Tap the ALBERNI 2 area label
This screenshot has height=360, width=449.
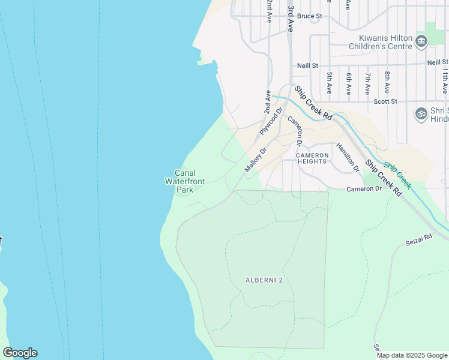tap(264, 280)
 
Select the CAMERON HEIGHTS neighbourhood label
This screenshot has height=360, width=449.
tap(312, 158)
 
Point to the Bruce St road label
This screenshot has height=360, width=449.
tap(309, 16)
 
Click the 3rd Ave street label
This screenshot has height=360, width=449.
tap(291, 18)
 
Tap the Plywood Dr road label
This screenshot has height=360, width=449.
tap(271, 121)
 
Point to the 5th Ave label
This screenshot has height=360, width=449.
tap(330, 83)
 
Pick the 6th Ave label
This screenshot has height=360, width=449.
tap(349, 83)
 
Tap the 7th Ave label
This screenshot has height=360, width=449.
tap(368, 83)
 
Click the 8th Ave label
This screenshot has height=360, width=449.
tap(387, 83)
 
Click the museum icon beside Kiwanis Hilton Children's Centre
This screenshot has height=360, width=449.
tap(421, 41)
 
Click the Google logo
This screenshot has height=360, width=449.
tap(20, 353)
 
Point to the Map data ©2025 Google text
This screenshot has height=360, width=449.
tap(411, 355)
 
